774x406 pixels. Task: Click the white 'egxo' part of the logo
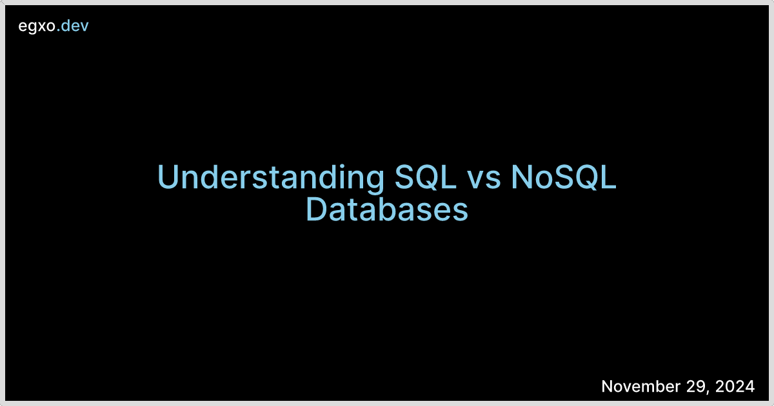pos(37,26)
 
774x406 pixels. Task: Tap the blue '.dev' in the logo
pos(72,26)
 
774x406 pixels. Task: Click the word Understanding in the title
pos(271,178)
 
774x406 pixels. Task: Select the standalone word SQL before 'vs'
pos(425,177)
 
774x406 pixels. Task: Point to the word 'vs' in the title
pos(483,180)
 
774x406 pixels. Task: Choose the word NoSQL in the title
pos(564,177)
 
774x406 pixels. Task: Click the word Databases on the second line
pos(387,209)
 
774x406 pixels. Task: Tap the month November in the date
pos(641,386)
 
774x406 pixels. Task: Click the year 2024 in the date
pos(735,386)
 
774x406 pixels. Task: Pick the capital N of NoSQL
pos(521,177)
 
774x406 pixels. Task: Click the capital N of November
pos(608,386)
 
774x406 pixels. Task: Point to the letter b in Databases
pos(392,209)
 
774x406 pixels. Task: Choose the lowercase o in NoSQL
pos(544,180)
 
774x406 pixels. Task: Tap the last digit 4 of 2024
pos(749,386)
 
